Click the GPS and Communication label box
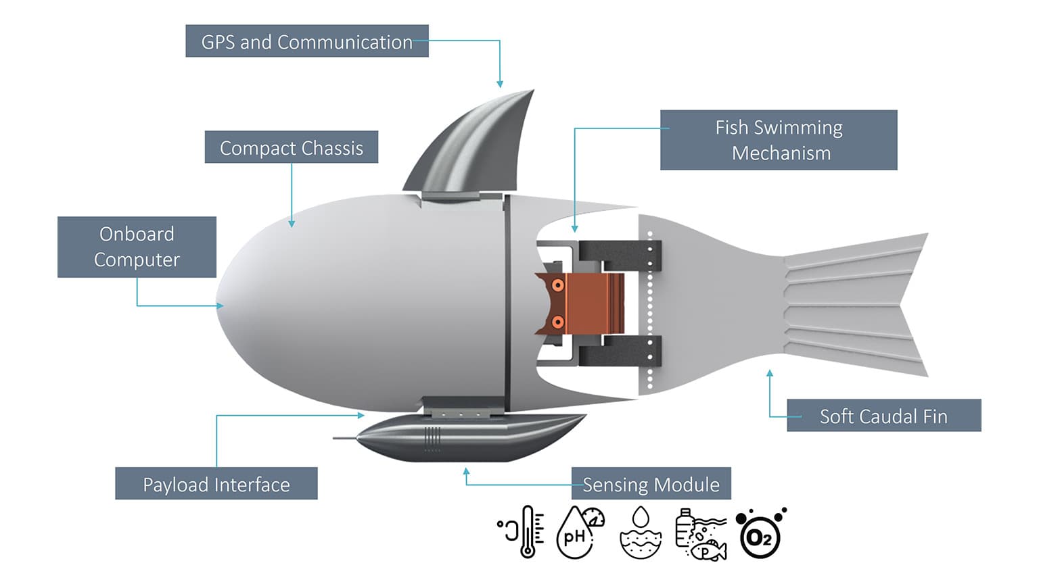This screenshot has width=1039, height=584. click(x=306, y=41)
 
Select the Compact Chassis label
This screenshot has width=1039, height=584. click(x=291, y=147)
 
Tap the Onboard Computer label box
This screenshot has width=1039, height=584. click(x=137, y=247)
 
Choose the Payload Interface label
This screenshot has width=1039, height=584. click(x=216, y=484)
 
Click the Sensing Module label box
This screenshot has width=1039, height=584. click(x=651, y=484)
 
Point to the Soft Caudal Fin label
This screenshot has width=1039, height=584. click(x=883, y=416)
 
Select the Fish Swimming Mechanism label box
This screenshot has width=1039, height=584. click(x=779, y=140)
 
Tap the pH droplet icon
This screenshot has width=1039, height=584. click(x=578, y=533)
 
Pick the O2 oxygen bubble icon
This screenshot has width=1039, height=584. click(x=760, y=534)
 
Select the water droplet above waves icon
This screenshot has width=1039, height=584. click(x=640, y=533)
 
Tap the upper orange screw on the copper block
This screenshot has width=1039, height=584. click(x=558, y=285)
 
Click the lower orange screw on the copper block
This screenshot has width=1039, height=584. click(x=558, y=322)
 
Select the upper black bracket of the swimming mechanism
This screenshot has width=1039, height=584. click(x=618, y=253)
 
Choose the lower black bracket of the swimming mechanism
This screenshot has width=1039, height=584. click(x=618, y=351)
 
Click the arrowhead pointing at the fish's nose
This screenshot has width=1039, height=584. click(x=220, y=306)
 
